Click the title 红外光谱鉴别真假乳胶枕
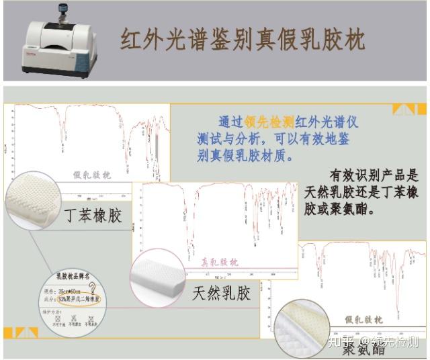243,40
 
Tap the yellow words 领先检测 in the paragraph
269,122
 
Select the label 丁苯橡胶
93,216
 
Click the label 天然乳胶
221,294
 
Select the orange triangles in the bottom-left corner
21,332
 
